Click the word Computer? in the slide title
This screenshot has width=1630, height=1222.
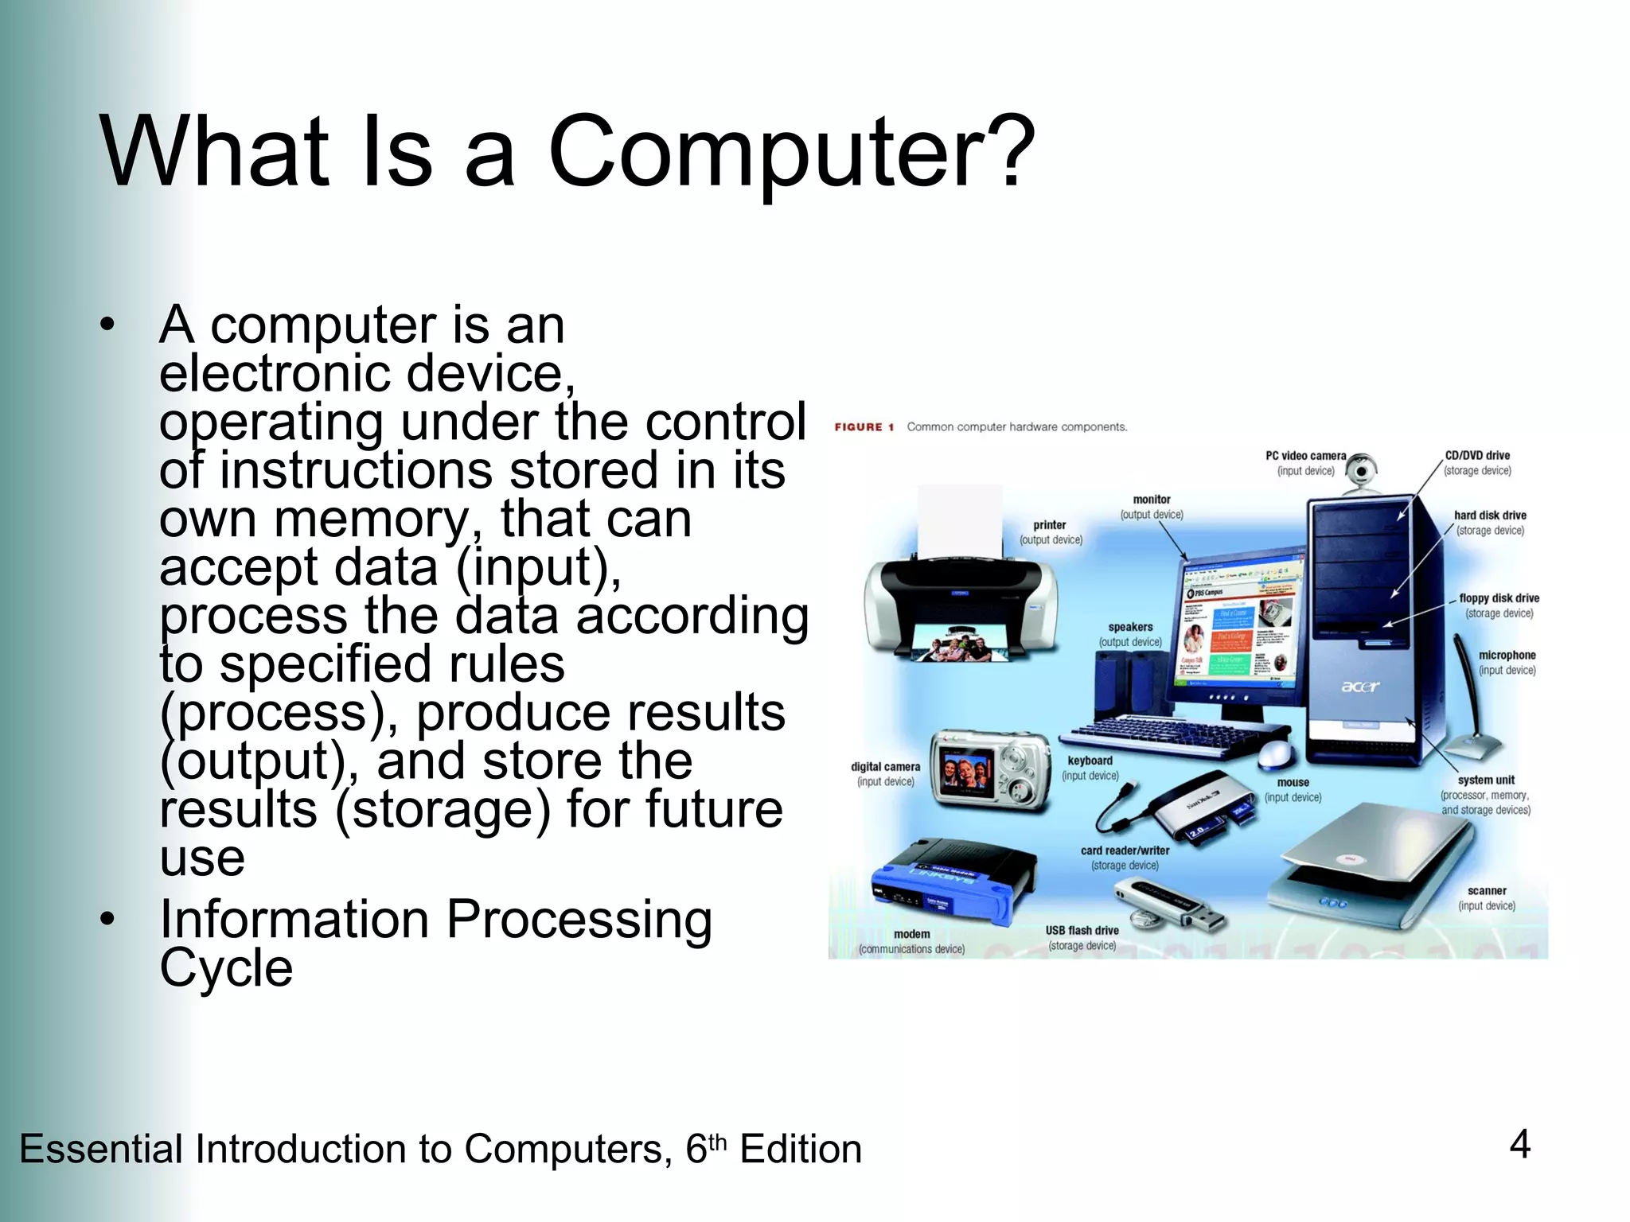tap(791, 151)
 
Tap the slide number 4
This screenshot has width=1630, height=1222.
tap(1519, 1145)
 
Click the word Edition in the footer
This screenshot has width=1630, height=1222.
tap(801, 1150)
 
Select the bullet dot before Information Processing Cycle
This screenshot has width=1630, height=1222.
tap(107, 919)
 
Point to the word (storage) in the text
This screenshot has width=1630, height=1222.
tap(443, 809)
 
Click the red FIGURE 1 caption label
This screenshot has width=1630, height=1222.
tap(864, 427)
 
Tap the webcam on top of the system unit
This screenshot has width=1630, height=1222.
tap(1363, 473)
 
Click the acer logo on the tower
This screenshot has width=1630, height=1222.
tap(1360, 686)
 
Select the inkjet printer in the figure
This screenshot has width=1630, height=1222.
tap(961, 605)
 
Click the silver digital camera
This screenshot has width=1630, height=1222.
tap(991, 770)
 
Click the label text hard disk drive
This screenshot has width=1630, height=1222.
tap(1490, 516)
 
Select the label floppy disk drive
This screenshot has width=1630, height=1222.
tap(1499, 598)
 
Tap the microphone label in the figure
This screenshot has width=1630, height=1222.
tap(1507, 656)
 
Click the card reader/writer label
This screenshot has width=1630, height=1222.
tap(1125, 850)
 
